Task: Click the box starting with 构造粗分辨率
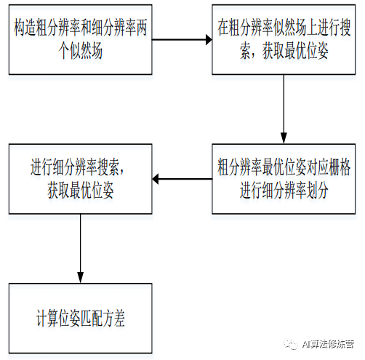[81, 39]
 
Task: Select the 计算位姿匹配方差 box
[81, 318]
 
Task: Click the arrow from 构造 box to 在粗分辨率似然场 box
[182, 39]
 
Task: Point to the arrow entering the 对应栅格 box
[284, 109]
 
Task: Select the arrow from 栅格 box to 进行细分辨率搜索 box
[182, 179]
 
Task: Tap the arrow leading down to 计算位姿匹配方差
[81, 249]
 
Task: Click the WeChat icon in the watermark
[291, 343]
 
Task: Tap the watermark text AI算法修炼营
[328, 344]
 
